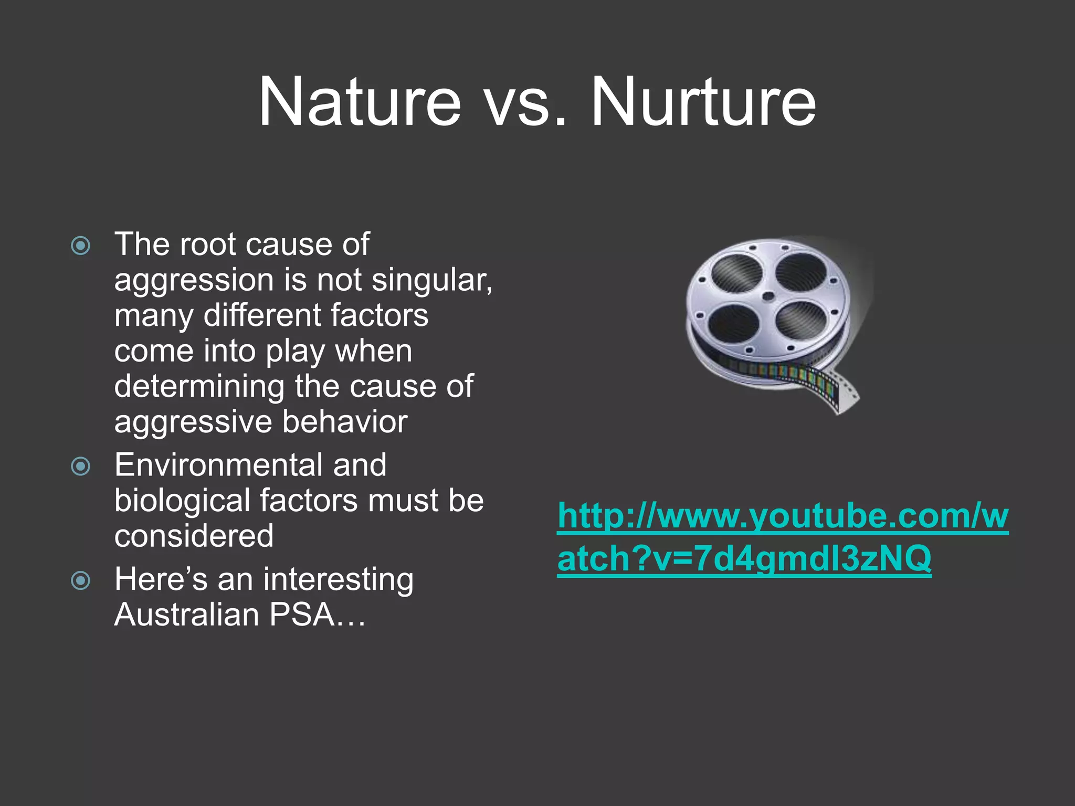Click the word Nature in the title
(359, 102)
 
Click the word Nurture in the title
(703, 102)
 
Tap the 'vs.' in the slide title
(525, 105)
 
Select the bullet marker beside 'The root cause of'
(80, 245)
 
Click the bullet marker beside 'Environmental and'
(80, 465)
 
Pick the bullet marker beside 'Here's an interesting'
(80, 580)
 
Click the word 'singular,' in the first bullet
(431, 280)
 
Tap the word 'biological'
(182, 501)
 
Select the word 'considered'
(194, 536)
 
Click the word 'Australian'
(186, 614)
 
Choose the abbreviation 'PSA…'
(317, 614)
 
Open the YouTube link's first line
(783, 516)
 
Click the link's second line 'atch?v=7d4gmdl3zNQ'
(744, 558)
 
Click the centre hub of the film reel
(767, 296)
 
